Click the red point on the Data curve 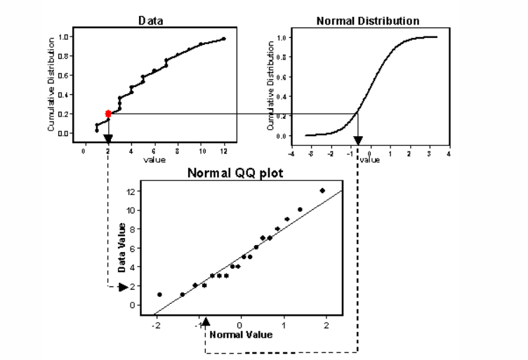108,113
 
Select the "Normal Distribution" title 368,20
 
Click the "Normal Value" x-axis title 242,334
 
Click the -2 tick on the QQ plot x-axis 154,325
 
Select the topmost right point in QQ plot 322,190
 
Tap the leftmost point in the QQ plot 159,295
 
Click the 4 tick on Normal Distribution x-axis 448,152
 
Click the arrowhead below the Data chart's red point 108,138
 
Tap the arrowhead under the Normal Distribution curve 358,140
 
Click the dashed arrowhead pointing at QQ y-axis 124,286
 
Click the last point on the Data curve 224,39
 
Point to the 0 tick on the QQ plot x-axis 241,325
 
